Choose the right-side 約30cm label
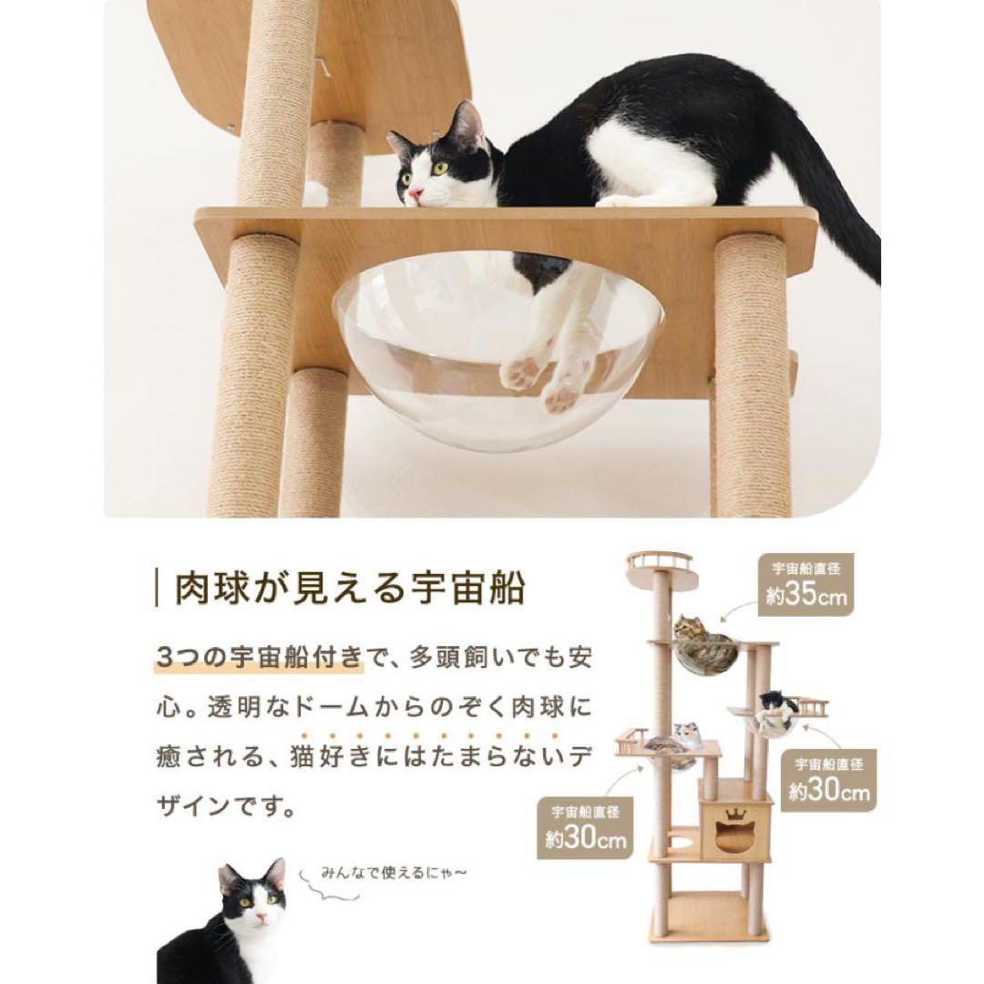[828, 793]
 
